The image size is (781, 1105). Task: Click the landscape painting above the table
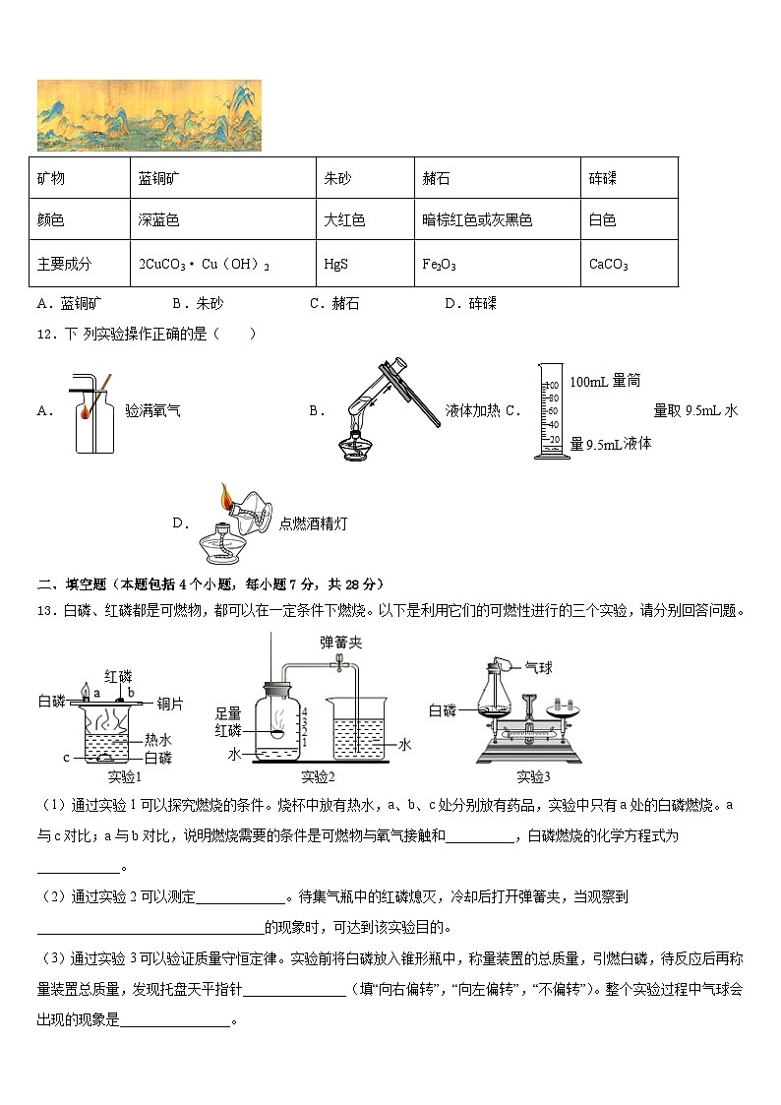[150, 116]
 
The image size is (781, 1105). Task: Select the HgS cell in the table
[335, 265]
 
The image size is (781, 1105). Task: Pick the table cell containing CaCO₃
[608, 265]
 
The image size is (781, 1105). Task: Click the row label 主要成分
[64, 264]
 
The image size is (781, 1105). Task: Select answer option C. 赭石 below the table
[334, 304]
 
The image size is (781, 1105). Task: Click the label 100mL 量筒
[604, 381]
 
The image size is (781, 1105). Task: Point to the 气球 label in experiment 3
[538, 667]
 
